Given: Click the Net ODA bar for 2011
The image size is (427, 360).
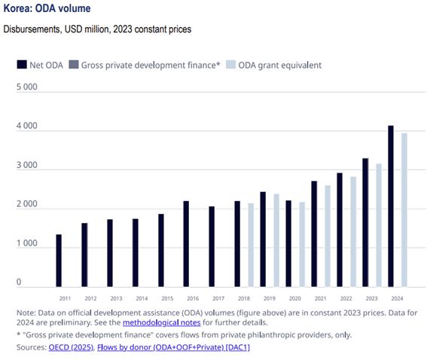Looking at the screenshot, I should [59, 261].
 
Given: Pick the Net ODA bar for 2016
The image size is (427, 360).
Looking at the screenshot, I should [186, 244].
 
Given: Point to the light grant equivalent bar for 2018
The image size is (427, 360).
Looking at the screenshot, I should [250, 245].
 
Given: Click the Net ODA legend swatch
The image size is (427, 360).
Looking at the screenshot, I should [22, 65].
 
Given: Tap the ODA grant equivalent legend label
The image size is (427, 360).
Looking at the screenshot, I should [280, 65].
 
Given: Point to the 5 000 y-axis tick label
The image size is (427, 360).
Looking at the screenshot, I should [28, 88].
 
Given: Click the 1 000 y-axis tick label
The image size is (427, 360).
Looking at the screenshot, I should [28, 244].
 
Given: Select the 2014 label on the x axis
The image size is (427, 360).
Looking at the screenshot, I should [142, 299].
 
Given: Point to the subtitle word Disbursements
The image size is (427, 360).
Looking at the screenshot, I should [31, 29].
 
